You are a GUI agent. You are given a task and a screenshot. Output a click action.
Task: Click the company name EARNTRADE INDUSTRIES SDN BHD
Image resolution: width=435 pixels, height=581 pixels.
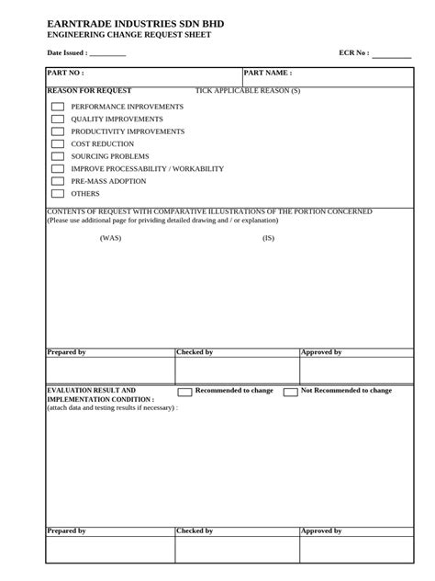tap(135, 22)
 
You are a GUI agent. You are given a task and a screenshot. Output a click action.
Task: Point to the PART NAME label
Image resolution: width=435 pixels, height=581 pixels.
tap(268, 73)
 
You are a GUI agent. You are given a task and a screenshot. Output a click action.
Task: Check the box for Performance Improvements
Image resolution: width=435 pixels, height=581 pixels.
tap(58, 107)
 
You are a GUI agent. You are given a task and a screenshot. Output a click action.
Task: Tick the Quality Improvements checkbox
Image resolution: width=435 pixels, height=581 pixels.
tap(58, 120)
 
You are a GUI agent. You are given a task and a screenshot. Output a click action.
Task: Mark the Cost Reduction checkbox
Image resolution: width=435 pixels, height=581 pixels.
tap(58, 144)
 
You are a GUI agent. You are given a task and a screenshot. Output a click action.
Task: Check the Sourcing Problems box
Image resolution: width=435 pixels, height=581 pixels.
tap(58, 156)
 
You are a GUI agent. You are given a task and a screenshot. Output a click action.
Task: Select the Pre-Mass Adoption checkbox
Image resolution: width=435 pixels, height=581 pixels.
tap(58, 181)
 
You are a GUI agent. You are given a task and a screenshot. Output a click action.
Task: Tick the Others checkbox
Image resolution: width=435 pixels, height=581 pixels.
tap(58, 194)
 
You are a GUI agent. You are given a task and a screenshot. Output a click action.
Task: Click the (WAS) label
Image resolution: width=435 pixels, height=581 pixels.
tap(110, 238)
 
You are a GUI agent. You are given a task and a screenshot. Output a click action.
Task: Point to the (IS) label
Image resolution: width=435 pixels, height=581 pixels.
tap(268, 238)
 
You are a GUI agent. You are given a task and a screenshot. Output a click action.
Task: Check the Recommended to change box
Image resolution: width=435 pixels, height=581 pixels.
tap(184, 392)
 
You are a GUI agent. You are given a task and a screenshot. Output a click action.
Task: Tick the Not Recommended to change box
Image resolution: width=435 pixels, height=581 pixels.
tap(290, 392)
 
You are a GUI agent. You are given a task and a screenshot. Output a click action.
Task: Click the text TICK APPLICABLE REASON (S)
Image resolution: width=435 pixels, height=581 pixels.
tap(248, 91)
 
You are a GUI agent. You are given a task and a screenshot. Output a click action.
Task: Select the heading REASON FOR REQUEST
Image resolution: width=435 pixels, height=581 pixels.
tap(89, 91)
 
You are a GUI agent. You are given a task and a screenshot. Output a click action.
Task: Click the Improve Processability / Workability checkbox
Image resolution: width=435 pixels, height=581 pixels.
tap(58, 169)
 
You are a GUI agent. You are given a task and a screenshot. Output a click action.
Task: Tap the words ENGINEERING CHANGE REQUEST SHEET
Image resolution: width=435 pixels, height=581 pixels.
tap(128, 35)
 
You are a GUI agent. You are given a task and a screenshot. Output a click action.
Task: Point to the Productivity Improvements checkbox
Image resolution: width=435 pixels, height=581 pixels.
tap(58, 131)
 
